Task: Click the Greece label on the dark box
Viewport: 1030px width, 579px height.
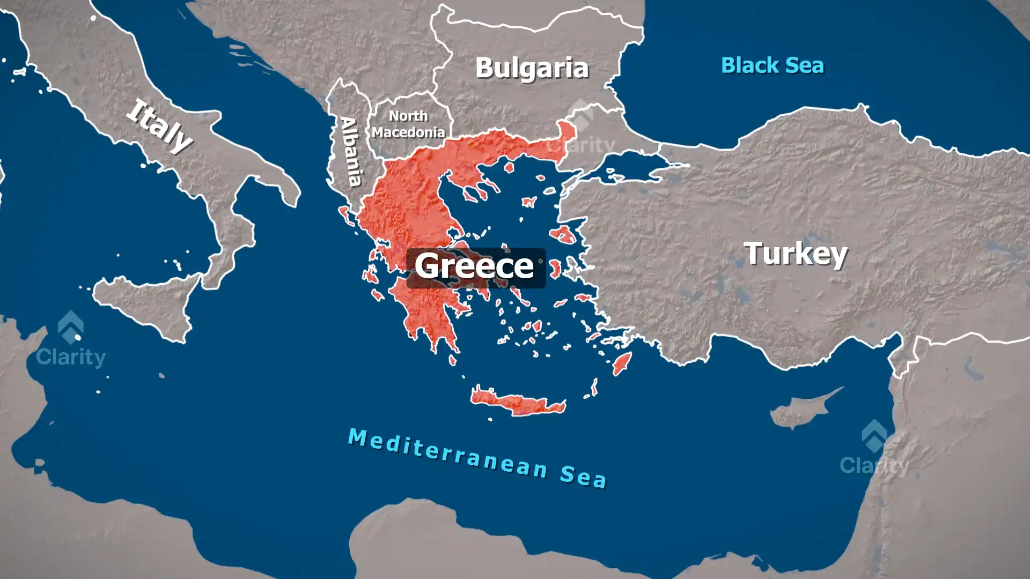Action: tap(475, 266)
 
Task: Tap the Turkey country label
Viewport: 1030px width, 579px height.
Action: tap(796, 254)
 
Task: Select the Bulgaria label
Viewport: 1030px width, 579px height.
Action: tap(532, 68)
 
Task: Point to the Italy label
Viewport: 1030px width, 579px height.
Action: tap(159, 126)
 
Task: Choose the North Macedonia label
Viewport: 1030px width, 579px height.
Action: tap(409, 124)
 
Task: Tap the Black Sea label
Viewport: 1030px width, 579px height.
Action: tap(772, 65)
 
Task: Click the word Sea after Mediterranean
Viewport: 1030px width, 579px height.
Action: tap(583, 476)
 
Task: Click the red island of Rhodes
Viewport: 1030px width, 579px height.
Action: tap(622, 363)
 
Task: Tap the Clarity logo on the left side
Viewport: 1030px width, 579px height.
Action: tap(71, 341)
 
